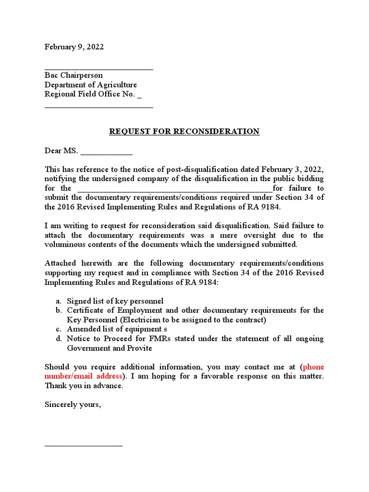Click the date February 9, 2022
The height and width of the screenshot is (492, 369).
74,47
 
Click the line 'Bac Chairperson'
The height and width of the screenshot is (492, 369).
74,75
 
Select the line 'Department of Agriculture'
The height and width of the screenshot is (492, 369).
91,85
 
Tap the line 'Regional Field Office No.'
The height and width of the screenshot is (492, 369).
90,94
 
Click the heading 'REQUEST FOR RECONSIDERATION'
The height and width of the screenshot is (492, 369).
184,132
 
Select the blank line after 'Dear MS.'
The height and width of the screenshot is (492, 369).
107,153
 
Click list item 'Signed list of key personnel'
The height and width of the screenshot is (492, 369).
115,301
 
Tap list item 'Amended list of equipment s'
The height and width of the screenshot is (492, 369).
117,329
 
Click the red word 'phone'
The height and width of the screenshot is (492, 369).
314,367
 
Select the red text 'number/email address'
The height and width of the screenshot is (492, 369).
84,376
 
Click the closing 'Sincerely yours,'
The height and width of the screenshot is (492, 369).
73,405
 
